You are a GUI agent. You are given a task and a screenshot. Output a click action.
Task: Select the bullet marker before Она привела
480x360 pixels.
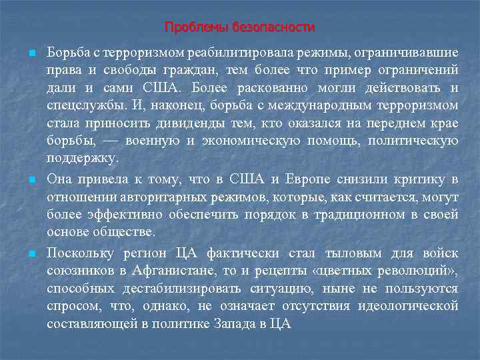(23, 180)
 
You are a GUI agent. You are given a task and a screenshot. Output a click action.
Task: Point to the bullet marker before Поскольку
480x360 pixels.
(23, 254)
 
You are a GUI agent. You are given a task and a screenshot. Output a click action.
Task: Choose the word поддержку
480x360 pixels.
(83, 158)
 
